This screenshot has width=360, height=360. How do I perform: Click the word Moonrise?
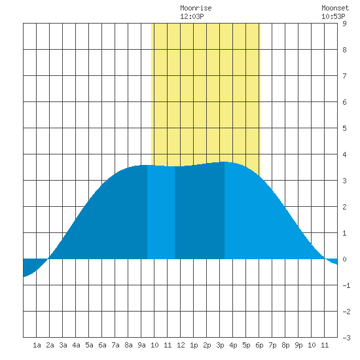[196, 8]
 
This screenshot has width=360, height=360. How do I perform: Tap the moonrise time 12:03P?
[192, 16]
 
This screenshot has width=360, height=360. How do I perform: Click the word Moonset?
[335, 8]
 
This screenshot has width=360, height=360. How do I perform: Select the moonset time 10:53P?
[333, 16]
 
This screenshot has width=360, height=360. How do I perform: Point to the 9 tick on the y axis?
[344, 24]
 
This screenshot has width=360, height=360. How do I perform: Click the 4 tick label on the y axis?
[344, 154]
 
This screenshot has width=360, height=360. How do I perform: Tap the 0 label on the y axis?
[344, 259]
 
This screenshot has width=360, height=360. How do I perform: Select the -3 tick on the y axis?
[346, 338]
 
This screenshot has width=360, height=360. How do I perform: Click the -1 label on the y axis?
[346, 285]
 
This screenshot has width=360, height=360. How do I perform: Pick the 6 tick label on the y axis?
[344, 102]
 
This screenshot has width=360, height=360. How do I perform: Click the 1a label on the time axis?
[37, 345]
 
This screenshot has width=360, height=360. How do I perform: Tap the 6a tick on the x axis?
[102, 345]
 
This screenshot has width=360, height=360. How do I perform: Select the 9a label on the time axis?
[141, 345]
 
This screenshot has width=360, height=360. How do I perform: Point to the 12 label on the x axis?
[181, 345]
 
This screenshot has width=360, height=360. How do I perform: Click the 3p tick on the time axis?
[220, 345]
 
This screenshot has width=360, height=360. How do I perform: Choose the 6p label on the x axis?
[259, 345]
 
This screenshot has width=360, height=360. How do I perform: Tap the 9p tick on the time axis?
[298, 345]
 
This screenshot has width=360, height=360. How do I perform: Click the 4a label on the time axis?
[76, 345]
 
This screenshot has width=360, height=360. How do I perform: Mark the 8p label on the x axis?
[285, 345]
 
